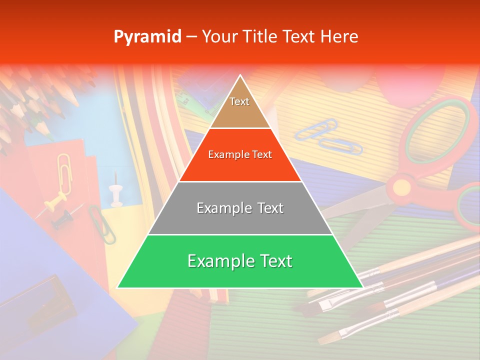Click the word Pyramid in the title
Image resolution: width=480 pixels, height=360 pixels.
(147, 37)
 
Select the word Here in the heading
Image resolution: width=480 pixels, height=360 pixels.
(339, 37)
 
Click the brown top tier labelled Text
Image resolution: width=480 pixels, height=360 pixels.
(240, 107)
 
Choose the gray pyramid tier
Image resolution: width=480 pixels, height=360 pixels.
(240, 208)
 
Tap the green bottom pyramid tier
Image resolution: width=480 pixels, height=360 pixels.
(240, 261)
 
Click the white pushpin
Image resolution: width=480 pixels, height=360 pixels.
(116, 192)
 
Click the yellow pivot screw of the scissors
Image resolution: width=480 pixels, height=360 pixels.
(401, 187)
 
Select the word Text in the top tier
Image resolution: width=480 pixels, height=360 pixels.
(239, 101)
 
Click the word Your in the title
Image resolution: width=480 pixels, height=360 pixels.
(218, 37)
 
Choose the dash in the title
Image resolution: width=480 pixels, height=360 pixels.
(191, 37)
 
